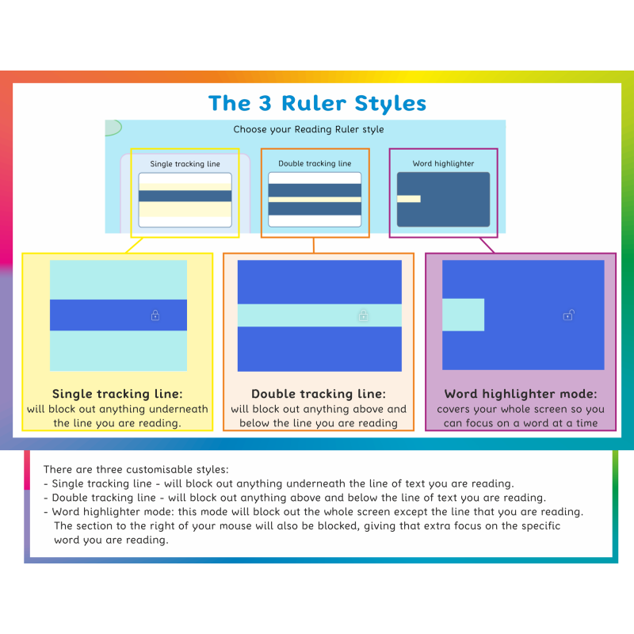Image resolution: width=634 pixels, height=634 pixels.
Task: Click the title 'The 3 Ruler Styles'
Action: point(318,103)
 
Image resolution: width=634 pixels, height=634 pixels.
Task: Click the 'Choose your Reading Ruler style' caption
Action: point(308,129)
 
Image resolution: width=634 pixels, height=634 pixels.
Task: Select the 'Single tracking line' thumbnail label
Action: point(185,164)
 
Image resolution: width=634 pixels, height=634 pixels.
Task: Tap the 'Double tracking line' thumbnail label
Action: point(315,163)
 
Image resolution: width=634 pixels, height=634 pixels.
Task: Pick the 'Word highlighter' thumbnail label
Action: point(443,163)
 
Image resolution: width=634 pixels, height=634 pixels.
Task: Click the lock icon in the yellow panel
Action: point(155,315)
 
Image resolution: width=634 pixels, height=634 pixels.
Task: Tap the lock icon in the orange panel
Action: point(363,315)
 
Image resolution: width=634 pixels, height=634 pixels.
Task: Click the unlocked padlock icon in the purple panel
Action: point(569,315)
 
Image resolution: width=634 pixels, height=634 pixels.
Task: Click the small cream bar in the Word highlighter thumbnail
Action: point(409,199)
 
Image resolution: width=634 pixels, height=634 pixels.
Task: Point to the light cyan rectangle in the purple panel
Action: point(464,315)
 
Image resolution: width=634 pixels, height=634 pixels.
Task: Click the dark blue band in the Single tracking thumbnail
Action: point(185,196)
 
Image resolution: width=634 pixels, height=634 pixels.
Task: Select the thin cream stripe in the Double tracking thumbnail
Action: point(315,200)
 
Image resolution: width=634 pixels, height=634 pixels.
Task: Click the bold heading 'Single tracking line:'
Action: point(117,394)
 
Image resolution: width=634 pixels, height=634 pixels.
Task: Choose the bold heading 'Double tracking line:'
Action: point(319,394)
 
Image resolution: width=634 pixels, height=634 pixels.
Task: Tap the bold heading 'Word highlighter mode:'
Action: point(521,394)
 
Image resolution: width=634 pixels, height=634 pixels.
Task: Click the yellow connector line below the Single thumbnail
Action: point(134,245)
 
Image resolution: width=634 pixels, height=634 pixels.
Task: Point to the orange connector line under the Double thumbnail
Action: point(314,246)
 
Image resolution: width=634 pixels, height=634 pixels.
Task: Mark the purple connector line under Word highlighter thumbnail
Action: point(487,245)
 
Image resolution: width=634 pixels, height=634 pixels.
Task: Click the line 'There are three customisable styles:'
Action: point(136,469)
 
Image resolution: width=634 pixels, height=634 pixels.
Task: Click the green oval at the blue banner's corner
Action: point(113,128)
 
